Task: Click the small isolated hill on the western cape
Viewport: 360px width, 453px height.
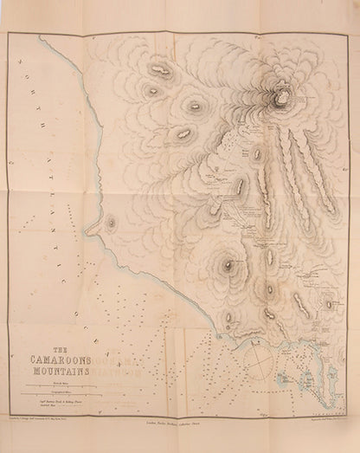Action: click(112, 223)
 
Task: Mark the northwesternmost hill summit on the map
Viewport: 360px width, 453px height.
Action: click(158, 68)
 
